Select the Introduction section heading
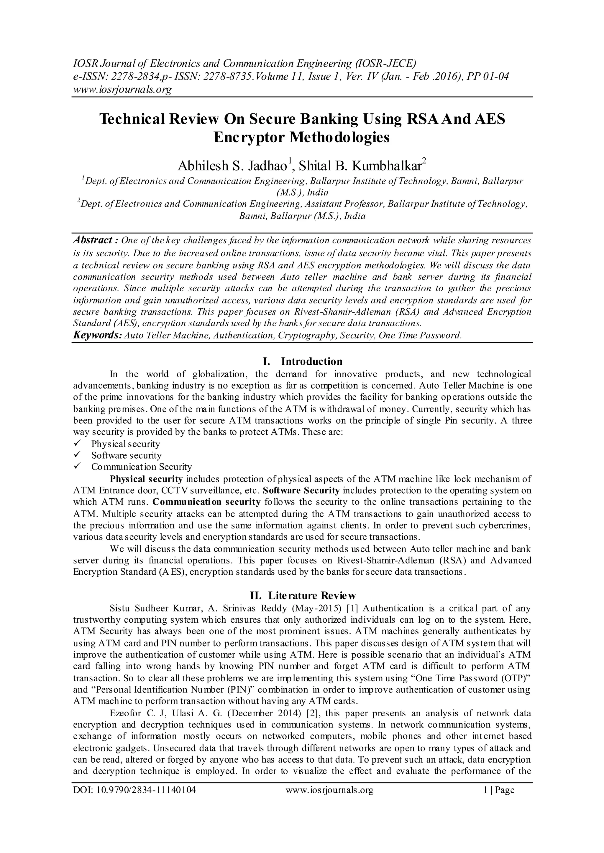(311, 361)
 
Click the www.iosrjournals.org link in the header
(122, 90)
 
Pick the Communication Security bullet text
(142, 467)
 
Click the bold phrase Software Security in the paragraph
(301, 490)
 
